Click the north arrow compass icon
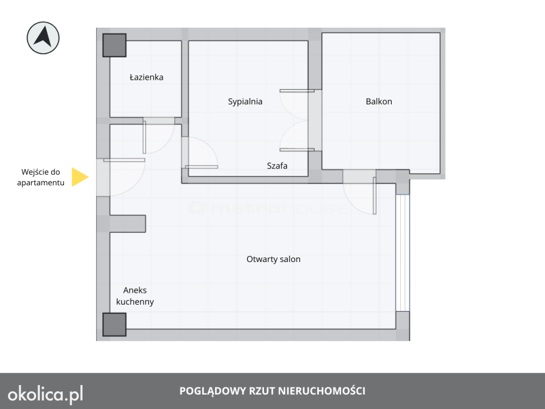[43, 38]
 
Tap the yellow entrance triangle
[80, 177]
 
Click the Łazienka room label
[146, 77]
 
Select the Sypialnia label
[245, 102]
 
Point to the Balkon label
[379, 102]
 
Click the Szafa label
[277, 166]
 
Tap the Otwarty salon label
[274, 259]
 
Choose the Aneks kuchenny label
[135, 296]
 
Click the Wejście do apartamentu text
[40, 177]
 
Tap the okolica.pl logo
[46, 394]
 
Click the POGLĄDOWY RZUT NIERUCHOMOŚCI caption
[272, 391]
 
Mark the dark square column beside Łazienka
[114, 45]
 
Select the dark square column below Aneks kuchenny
[114, 324]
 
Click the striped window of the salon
[402, 253]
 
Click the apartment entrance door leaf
[124, 160]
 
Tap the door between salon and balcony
[374, 195]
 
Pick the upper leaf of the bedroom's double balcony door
[297, 91]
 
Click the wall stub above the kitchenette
[128, 224]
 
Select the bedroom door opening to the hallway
[202, 167]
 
